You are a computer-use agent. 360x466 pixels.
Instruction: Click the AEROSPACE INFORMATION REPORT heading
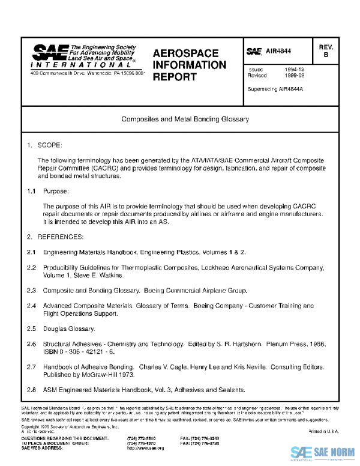tap(189, 65)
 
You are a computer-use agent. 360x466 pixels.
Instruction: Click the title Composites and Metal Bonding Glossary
tap(185, 120)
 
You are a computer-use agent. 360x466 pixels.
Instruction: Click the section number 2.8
tap(32, 389)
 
